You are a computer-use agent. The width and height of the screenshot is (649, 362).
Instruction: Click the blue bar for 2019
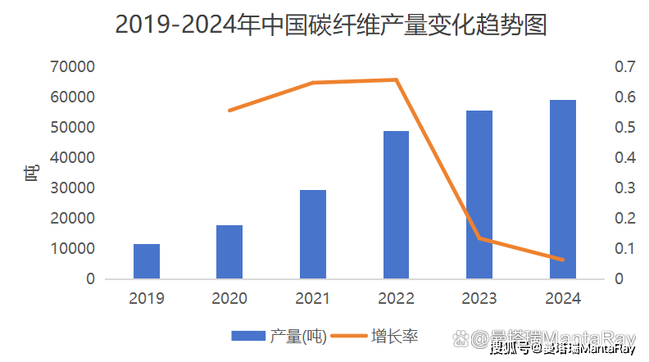tap(147, 261)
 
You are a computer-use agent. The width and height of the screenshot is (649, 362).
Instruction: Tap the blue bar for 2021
tap(313, 234)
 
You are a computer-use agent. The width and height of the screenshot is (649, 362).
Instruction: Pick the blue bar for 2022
tap(396, 205)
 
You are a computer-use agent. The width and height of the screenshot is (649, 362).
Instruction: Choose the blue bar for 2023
tap(479, 195)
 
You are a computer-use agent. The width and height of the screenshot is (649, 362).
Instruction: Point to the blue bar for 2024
tap(562, 189)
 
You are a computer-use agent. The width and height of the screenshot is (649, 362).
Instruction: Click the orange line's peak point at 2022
tap(397, 79)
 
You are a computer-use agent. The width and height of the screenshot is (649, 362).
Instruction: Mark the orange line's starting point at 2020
tap(230, 110)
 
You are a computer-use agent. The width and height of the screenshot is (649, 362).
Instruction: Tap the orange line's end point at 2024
tap(562, 260)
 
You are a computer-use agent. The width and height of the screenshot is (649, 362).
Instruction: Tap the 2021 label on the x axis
tap(313, 299)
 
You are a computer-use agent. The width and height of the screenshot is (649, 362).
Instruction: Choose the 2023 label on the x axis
tap(479, 299)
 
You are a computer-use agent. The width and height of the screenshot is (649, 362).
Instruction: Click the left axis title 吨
tap(31, 173)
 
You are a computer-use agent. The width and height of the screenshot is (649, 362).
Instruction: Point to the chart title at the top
tap(330, 25)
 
